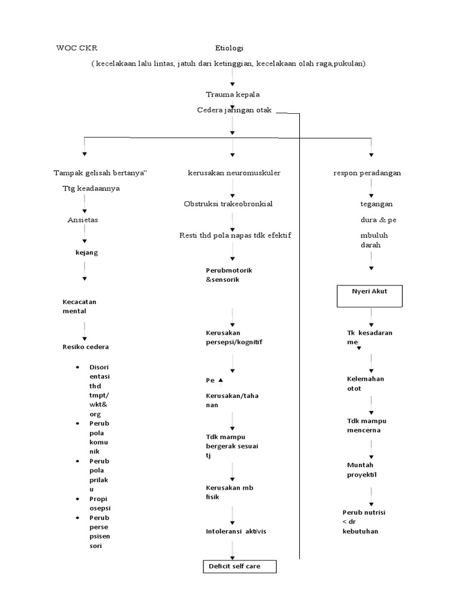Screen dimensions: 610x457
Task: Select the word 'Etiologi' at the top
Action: tap(230, 48)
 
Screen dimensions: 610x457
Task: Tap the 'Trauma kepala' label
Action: tap(233, 95)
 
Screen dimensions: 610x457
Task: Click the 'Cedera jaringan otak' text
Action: tap(234, 110)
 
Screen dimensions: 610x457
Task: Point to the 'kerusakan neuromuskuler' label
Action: tap(233, 173)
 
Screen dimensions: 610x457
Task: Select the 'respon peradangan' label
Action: tap(367, 173)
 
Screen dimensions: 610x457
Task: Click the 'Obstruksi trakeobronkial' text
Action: tap(228, 204)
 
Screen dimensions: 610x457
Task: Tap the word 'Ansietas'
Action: tap(83, 220)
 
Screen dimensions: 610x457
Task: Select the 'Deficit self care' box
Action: tap(239, 566)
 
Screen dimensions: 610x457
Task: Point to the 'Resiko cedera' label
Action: tap(86, 347)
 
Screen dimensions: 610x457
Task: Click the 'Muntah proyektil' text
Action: tap(362, 469)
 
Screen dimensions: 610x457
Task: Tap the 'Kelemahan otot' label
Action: tap(365, 383)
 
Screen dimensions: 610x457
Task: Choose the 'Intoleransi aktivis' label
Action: tap(236, 531)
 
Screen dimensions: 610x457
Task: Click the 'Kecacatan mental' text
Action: tap(79, 306)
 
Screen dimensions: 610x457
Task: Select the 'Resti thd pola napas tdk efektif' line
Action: tap(236, 235)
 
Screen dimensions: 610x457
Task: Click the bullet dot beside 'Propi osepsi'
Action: tap(78, 499)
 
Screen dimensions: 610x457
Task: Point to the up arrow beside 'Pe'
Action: tap(221, 380)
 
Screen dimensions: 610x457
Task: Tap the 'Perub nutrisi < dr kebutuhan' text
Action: tap(364, 521)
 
